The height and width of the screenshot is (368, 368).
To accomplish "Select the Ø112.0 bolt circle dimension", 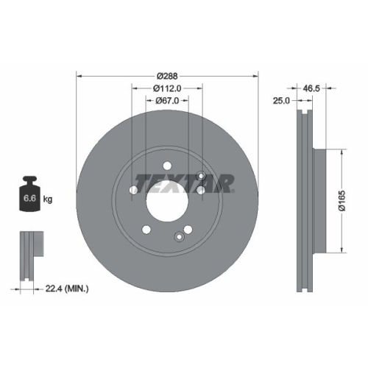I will (x=167, y=88).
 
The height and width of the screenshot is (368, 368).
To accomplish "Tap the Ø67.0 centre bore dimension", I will (x=167, y=101).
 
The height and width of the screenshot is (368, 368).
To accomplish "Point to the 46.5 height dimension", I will (x=311, y=88).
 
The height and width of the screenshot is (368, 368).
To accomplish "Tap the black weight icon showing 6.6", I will (x=29, y=194).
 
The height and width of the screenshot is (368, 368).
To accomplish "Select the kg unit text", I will (x=48, y=199).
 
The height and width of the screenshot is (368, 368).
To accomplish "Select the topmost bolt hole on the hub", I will (x=167, y=166).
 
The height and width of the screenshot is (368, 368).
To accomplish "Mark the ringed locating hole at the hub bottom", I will (x=179, y=236).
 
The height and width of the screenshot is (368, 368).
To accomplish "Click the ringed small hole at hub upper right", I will (x=200, y=189).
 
